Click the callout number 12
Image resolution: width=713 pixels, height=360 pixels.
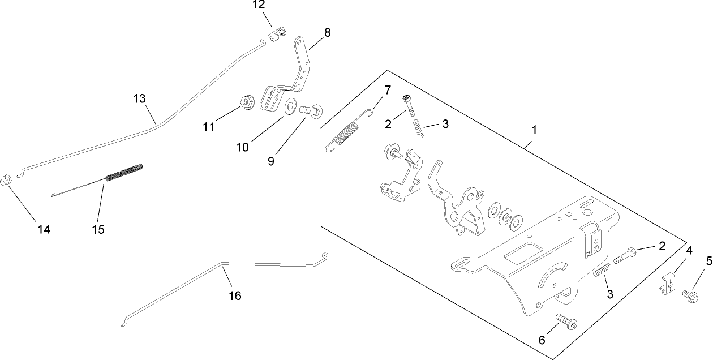258,5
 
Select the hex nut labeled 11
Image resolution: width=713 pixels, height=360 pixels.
246,103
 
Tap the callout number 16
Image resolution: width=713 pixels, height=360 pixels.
235,295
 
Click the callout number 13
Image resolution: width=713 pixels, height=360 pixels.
140,98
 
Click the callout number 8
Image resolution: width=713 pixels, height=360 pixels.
327,32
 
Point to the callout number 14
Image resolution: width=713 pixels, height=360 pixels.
44,229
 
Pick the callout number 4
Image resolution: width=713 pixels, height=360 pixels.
689,250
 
